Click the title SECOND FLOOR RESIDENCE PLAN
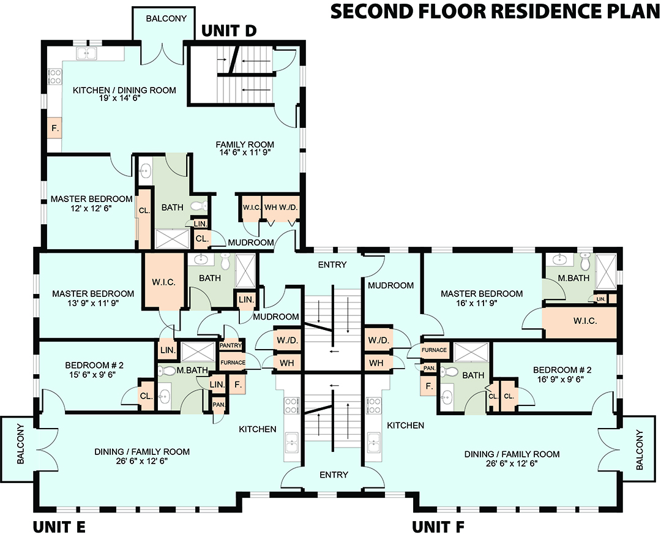pyautogui.click(x=495, y=12)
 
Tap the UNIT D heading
pyautogui.click(x=229, y=31)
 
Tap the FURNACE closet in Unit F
pyautogui.click(x=434, y=350)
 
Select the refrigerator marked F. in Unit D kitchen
pyautogui.click(x=54, y=129)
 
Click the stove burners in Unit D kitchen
pyautogui.click(x=54, y=76)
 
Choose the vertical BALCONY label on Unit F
pyautogui.click(x=640, y=450)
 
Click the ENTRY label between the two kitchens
pyautogui.click(x=334, y=475)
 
